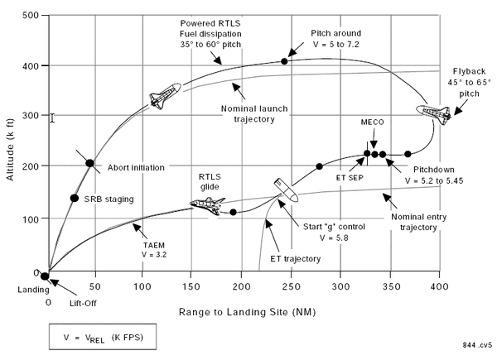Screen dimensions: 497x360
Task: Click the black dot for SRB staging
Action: click(75, 198)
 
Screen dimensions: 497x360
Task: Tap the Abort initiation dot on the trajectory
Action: click(90, 163)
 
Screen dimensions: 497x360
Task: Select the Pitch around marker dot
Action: click(284, 61)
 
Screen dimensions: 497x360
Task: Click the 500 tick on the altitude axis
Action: click(31, 15)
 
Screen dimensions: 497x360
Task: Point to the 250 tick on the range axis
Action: click(291, 286)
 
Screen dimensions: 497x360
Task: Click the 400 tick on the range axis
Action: click(439, 286)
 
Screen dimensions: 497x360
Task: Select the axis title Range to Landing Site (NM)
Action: click(247, 312)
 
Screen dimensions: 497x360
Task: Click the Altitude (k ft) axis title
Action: click(11, 150)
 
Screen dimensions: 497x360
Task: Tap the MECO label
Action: click(373, 122)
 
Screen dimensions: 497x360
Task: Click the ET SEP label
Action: click(350, 178)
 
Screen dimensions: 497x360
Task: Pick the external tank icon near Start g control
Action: click(286, 190)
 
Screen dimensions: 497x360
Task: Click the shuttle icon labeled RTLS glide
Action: click(208, 205)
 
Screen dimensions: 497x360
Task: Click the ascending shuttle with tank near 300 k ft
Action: click(165, 96)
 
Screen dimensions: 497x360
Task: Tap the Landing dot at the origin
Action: click(45, 276)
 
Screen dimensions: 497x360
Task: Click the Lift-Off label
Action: click(83, 304)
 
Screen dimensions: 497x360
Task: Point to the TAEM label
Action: click(154, 246)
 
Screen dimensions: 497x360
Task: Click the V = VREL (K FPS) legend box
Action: click(103, 337)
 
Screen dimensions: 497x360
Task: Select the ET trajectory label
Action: click(296, 259)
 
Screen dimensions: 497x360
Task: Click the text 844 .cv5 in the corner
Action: click(477, 345)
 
